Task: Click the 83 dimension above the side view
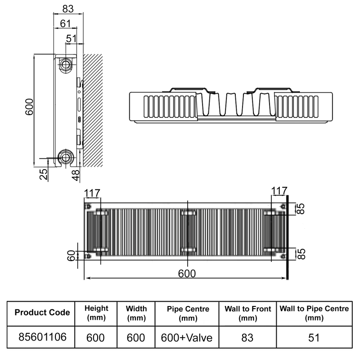pyautogui.click(x=67, y=8)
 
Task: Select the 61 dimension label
pyautogui.click(x=65, y=23)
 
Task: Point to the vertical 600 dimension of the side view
pyautogui.click(x=29, y=108)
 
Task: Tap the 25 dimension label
pyautogui.click(x=44, y=174)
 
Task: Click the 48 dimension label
pyautogui.click(x=76, y=174)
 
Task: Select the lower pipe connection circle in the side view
pyautogui.click(x=66, y=158)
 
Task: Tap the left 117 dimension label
pyautogui.click(x=92, y=192)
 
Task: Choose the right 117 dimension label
pyautogui.click(x=279, y=191)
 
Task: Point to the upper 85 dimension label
pyautogui.click(x=301, y=209)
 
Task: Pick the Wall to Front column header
pyautogui.click(x=247, y=313)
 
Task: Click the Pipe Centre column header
pyautogui.click(x=188, y=313)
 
